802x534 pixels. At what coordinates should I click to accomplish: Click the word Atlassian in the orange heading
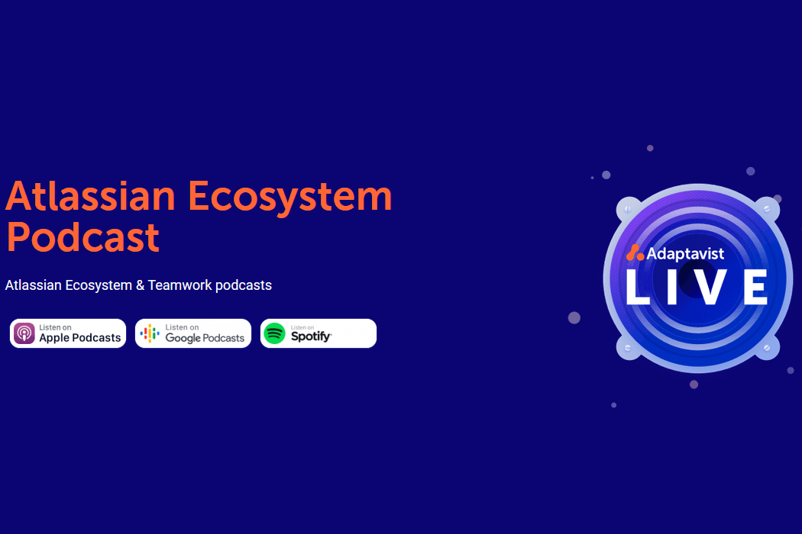point(90,197)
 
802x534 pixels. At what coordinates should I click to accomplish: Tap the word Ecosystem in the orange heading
point(290,197)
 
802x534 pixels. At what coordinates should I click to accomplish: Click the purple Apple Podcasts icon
point(24,333)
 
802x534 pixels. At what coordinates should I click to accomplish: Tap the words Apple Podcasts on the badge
point(80,338)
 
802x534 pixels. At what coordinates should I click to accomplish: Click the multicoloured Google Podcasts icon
point(150,333)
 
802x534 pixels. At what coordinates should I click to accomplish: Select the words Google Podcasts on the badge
point(205,338)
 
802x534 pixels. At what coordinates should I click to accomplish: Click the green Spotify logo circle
point(274,333)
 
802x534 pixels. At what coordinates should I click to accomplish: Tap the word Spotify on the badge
point(311,336)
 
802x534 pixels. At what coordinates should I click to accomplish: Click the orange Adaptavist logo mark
point(635,253)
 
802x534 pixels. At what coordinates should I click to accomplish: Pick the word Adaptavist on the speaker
point(685,253)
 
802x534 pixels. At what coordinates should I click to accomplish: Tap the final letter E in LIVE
point(755,287)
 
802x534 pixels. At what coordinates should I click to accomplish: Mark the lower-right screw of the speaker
point(767,348)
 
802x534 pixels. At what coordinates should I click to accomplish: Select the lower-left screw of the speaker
point(628,348)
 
